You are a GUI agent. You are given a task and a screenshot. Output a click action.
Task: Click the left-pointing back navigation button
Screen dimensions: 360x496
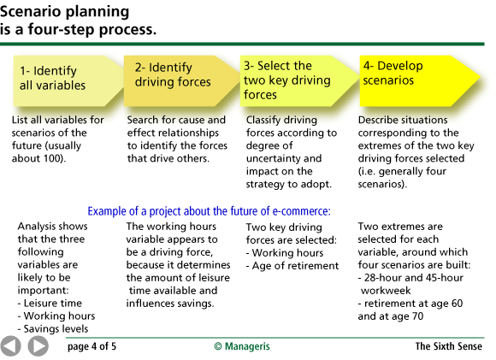(x=12, y=346)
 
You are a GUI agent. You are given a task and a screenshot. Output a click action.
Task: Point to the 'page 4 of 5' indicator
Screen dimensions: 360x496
(x=92, y=346)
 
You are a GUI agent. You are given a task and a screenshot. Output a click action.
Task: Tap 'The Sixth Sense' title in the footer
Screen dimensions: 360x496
(x=449, y=346)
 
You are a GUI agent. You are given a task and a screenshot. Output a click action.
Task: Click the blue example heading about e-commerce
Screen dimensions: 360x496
(x=209, y=211)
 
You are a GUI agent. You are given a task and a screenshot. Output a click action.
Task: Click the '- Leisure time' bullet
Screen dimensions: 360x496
(x=51, y=303)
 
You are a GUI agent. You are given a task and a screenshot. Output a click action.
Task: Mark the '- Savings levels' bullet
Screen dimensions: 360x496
(x=56, y=328)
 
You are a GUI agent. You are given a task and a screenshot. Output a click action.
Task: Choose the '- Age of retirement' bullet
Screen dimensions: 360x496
(x=292, y=265)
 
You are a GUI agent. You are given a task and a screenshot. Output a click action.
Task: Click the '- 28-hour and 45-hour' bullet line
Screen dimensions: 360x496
(x=412, y=278)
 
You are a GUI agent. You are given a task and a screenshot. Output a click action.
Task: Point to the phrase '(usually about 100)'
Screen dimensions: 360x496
(x=48, y=152)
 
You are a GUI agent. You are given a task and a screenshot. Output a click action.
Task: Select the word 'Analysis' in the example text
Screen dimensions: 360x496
(x=39, y=227)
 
